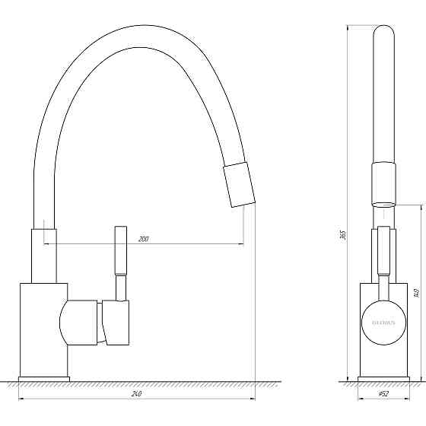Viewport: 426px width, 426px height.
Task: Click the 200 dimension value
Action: point(143,239)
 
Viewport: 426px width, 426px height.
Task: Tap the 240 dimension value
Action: point(137,394)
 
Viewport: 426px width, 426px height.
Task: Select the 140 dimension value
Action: point(416,293)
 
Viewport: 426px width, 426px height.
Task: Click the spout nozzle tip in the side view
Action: point(239,183)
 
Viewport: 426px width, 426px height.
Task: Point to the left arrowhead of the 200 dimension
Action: point(47,243)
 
